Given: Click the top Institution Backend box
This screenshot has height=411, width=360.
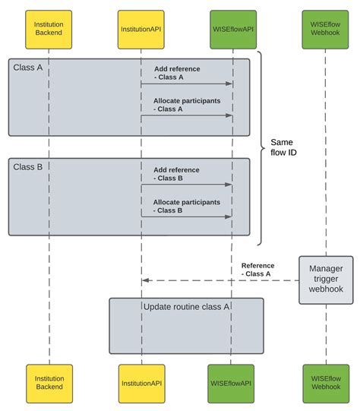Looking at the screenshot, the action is click(49, 30).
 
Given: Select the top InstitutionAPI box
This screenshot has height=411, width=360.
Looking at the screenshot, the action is click(141, 30).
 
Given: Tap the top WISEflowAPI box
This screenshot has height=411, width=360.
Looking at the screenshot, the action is click(233, 30).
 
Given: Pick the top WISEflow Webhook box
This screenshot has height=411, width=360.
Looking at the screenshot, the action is click(325, 30).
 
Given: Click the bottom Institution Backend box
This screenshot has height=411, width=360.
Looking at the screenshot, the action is click(49, 384).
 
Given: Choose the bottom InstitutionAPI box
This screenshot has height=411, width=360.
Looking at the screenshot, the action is click(142, 384).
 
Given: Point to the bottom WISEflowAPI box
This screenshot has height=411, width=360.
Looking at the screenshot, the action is click(231, 384).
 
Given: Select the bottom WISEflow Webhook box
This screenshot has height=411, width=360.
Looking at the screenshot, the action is click(326, 384).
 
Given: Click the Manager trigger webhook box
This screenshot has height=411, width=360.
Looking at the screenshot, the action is click(326, 280).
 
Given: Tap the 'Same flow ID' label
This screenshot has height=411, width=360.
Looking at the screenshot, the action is click(283, 147).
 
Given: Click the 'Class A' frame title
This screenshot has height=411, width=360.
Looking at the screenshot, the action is click(28, 68).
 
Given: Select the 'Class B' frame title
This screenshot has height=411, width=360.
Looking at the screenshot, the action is click(28, 167).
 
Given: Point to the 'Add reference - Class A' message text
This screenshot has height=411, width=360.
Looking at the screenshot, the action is click(177, 73).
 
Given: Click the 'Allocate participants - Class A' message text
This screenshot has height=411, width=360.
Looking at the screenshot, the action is click(187, 105).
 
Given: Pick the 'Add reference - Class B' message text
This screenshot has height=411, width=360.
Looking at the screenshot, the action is click(176, 174).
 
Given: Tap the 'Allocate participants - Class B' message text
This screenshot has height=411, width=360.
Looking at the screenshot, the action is click(187, 207).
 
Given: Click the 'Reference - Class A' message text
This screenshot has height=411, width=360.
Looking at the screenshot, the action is click(257, 270).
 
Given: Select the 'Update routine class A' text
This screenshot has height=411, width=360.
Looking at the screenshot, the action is click(186, 307).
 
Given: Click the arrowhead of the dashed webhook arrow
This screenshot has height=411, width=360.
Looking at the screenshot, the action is click(145, 280).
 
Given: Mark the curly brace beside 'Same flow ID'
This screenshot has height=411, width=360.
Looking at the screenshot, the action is click(261, 148).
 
